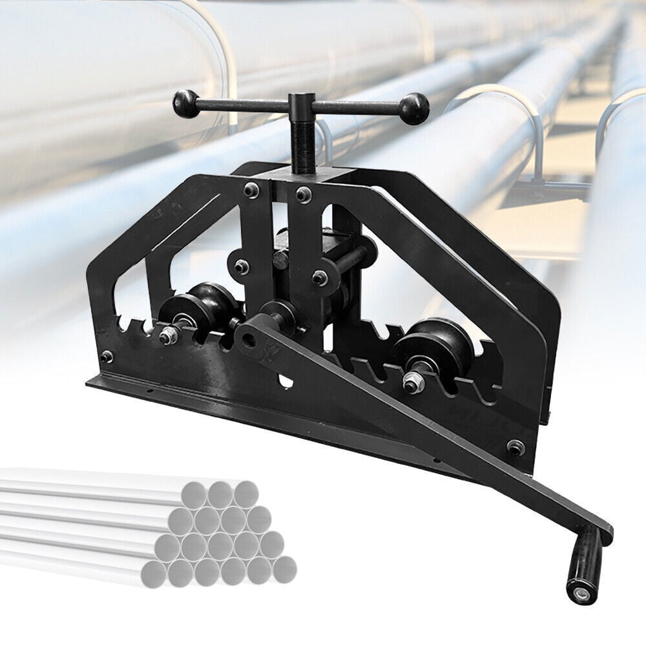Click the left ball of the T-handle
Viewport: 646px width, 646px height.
tap(185, 104)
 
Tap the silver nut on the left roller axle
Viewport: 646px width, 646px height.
tap(169, 335)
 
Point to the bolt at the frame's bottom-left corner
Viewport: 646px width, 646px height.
tap(107, 355)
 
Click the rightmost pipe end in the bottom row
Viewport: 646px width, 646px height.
tap(284, 569)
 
